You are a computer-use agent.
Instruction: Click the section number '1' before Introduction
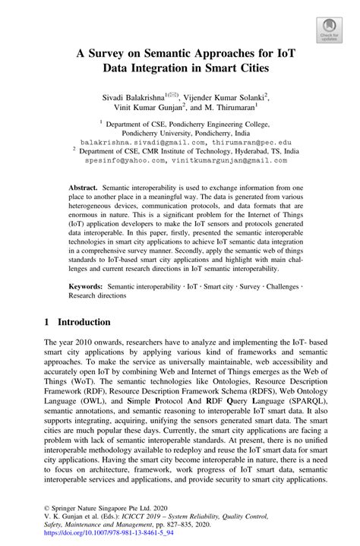click(47, 322)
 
